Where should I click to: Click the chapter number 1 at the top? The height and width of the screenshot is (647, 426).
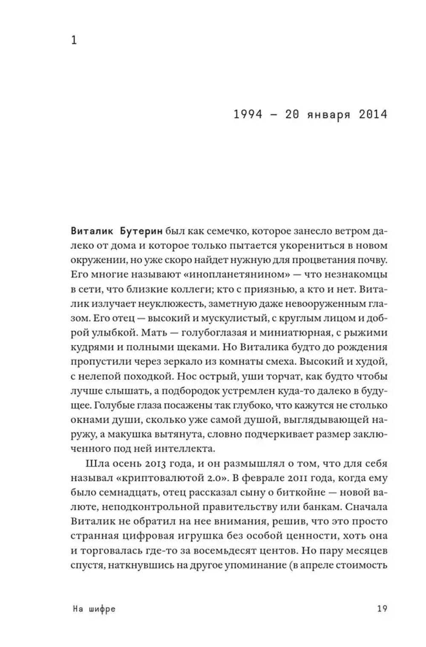tap(74, 41)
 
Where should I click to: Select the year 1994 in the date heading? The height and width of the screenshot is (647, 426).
tap(248, 115)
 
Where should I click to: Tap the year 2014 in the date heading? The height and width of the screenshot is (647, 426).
tap(373, 115)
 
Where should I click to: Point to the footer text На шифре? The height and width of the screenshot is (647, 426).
tap(94, 609)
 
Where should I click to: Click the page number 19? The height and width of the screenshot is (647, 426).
tap(382, 609)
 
